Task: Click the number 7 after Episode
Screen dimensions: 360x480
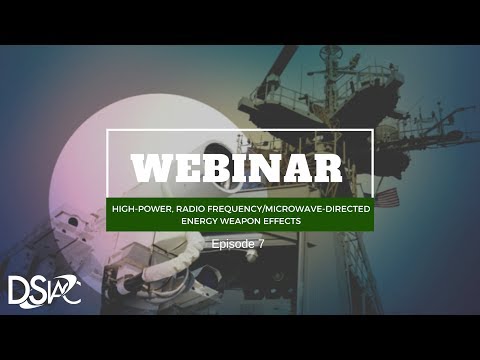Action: pos(262,243)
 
